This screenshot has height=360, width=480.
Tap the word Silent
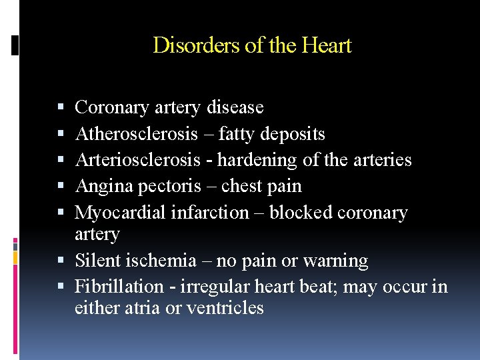coord(93,261)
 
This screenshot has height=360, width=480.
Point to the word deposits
coord(293,134)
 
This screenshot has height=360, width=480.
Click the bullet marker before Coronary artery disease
coord(61,107)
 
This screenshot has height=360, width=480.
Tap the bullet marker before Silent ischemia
coord(61,261)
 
